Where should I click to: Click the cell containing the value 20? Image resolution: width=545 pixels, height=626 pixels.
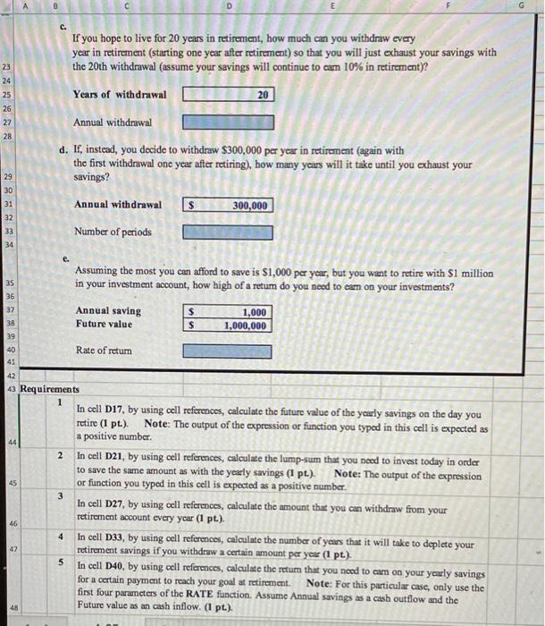click(229, 94)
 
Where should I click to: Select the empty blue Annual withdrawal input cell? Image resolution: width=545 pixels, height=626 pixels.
click(229, 122)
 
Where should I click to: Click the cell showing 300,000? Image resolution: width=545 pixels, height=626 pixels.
click(229, 206)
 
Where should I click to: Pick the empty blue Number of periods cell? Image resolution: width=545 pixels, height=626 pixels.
click(229, 233)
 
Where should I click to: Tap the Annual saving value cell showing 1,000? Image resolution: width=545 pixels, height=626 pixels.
click(229, 312)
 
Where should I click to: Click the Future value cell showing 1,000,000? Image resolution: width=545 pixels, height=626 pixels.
click(229, 326)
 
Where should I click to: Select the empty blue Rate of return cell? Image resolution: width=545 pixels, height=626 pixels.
click(229, 351)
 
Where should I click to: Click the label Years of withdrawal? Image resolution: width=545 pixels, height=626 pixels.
click(120, 94)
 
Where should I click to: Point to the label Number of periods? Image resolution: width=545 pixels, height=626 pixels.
click(113, 232)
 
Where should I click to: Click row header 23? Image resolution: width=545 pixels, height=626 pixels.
click(7, 67)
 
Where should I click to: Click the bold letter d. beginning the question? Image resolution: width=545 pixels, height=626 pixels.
click(65, 150)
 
